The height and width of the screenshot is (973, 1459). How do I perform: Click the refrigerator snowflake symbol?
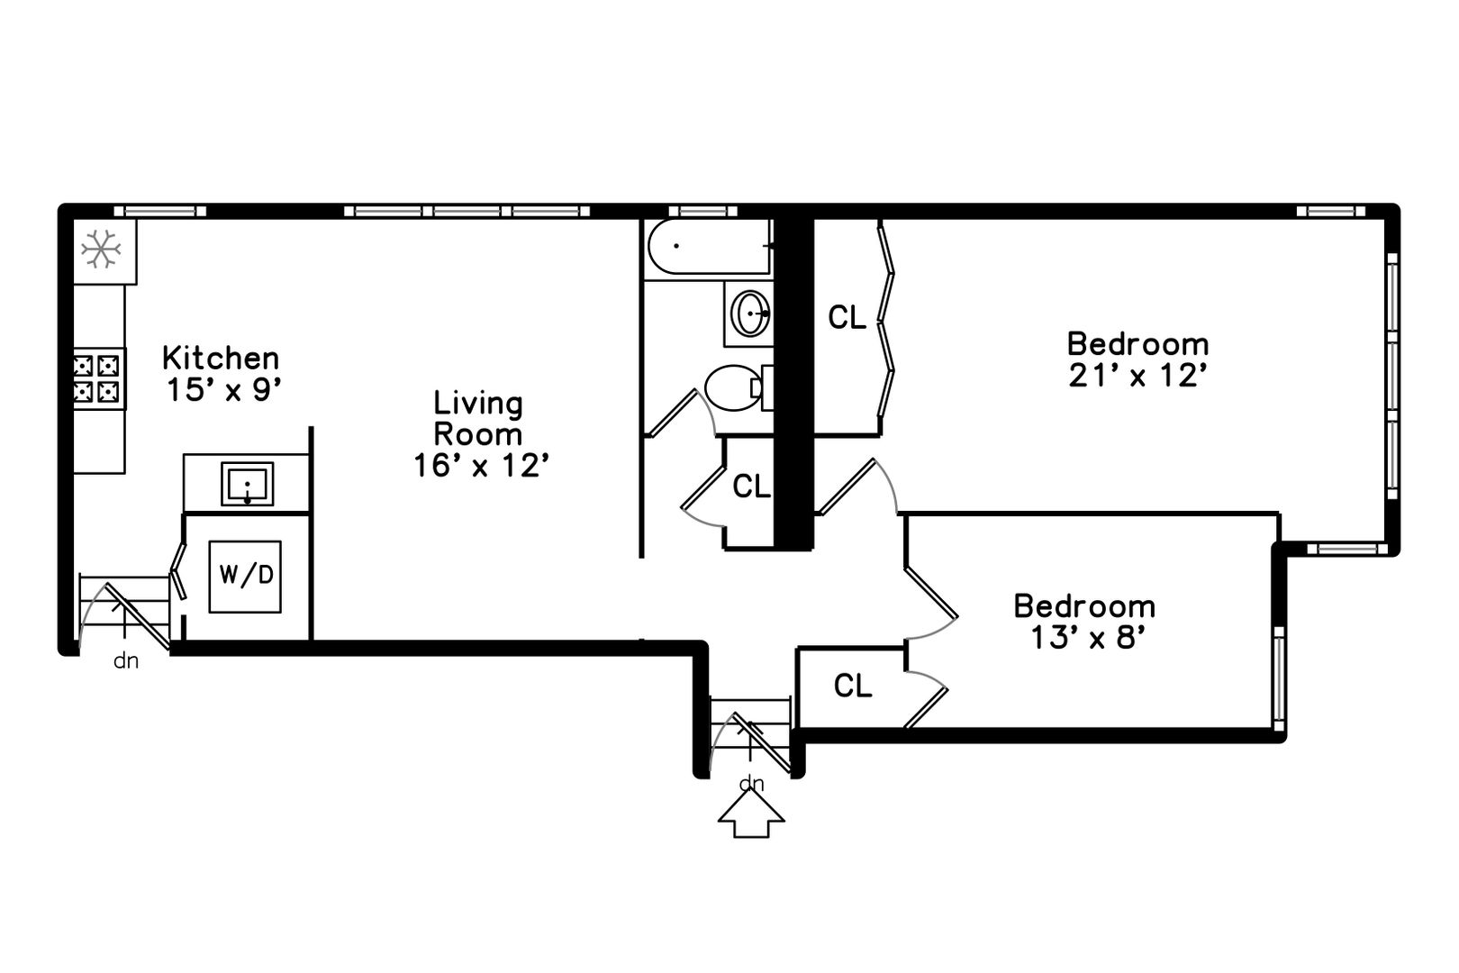click(102, 249)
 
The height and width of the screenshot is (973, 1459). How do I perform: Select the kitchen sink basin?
click(248, 484)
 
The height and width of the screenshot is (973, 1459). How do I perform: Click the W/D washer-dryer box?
click(245, 577)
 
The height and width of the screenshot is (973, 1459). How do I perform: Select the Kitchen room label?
click(221, 358)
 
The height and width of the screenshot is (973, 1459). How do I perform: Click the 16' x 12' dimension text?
click(481, 466)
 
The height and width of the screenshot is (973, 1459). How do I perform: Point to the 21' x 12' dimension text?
click(1137, 376)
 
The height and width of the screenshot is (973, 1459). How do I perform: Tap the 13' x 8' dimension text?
click(1088, 637)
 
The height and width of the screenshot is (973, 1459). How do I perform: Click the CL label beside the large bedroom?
click(847, 317)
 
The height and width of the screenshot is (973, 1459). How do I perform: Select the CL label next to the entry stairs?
click(853, 686)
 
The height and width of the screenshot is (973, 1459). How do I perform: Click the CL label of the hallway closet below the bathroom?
click(751, 486)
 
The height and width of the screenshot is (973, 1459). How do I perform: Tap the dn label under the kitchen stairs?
click(126, 661)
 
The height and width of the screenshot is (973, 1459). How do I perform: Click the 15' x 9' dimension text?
click(224, 390)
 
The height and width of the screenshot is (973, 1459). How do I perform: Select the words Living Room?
click(478, 419)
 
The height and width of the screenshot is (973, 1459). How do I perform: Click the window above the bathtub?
click(702, 211)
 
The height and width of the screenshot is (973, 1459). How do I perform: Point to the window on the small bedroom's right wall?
click(1279, 678)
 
